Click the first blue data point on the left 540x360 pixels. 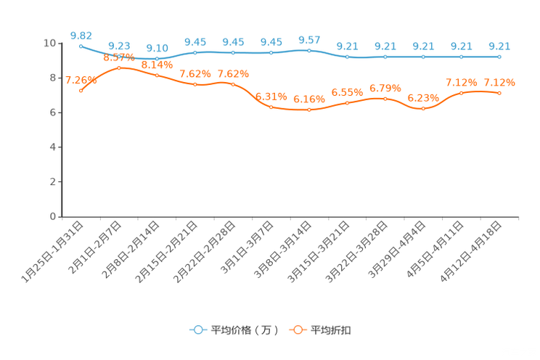[81, 46]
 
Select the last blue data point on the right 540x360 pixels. [499, 56]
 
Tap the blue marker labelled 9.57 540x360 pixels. [309, 51]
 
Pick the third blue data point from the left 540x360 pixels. [157, 58]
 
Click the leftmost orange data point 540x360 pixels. [81, 91]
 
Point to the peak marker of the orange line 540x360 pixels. [119, 67]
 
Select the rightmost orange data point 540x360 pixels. [499, 93]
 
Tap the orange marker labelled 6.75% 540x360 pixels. [385, 99]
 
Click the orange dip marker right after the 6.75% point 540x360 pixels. [423, 109]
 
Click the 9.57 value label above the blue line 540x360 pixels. [309, 39]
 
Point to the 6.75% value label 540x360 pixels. [385, 88]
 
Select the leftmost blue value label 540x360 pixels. [81, 35]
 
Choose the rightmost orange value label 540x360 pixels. [499, 81]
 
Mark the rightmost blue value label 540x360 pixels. [499, 45]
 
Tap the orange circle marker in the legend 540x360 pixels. [298, 330]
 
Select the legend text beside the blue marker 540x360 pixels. [244, 330]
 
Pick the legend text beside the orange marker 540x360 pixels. [332, 330]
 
